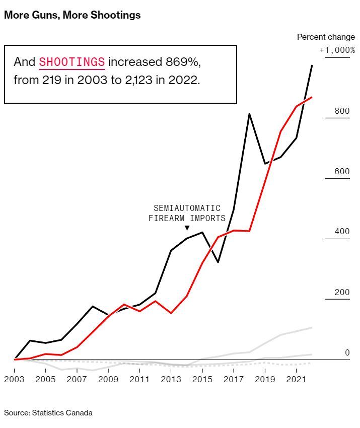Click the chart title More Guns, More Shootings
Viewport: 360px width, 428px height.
pyautogui.click(x=72, y=15)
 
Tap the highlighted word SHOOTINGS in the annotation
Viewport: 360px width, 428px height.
pyautogui.click(x=72, y=62)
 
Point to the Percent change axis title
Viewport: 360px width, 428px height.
pyautogui.click(x=326, y=37)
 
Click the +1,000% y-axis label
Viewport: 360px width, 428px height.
pyautogui.click(x=337, y=50)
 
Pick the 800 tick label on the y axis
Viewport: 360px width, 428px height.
pyautogui.click(x=342, y=111)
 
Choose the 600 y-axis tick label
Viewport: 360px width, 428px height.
pyautogui.click(x=342, y=172)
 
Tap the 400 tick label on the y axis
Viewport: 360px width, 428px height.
pyautogui.click(x=342, y=232)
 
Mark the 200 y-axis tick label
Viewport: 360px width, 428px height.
pyautogui.click(x=342, y=293)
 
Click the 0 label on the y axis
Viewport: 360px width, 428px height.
pyautogui.click(x=347, y=353)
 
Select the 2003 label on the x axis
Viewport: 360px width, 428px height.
pyautogui.click(x=14, y=379)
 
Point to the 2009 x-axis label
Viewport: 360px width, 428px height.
pyautogui.click(x=108, y=379)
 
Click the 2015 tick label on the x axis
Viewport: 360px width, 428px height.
pyautogui.click(x=202, y=379)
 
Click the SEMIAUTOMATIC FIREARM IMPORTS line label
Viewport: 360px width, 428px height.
pyautogui.click(x=187, y=213)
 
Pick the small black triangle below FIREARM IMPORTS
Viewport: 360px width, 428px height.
pyautogui.click(x=187, y=228)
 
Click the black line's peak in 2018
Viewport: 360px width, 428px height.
pyautogui.click(x=249, y=114)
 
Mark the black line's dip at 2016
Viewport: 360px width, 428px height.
pyautogui.click(x=218, y=262)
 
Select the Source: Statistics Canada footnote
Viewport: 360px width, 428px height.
pyautogui.click(x=48, y=413)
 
